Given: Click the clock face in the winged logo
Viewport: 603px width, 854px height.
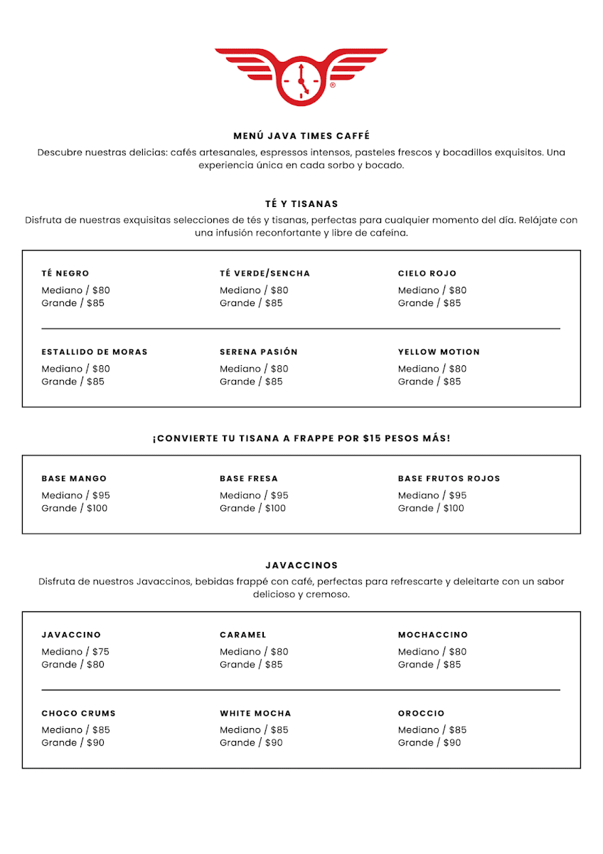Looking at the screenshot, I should point(301,80).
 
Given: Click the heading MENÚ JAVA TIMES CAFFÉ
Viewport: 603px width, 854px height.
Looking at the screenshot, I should point(301,136).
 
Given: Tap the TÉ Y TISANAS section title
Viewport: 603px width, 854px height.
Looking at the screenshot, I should point(301,204).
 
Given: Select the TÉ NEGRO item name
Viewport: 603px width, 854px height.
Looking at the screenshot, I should point(65,273).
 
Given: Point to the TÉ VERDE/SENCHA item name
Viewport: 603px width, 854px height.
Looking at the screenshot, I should point(265,273).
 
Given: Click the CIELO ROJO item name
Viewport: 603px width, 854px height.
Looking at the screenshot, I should point(427,273).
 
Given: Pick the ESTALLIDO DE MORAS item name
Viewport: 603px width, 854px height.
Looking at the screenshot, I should point(95,352).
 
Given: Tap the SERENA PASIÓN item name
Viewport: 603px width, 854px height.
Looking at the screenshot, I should point(259,352).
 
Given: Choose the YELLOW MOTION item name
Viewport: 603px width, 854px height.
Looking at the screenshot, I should point(439,352).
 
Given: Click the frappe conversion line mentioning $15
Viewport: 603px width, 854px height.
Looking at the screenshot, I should point(301,438).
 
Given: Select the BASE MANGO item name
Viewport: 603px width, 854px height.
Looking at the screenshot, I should point(74,478).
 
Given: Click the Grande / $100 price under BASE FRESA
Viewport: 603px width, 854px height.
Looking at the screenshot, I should point(252,508).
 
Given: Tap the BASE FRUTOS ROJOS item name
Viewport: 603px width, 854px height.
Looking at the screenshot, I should point(449,478).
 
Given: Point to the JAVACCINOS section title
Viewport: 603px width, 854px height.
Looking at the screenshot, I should point(301,565).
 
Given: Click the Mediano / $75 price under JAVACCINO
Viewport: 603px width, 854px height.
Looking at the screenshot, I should point(75,651).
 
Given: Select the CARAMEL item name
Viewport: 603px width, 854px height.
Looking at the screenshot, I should point(243,635).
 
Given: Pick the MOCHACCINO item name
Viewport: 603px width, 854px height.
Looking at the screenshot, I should point(433,635).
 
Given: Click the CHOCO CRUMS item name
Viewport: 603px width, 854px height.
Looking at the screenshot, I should point(78,713).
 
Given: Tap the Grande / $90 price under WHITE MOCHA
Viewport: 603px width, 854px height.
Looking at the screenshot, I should point(251,742).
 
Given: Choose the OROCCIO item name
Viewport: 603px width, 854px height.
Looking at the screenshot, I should point(421,713).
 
